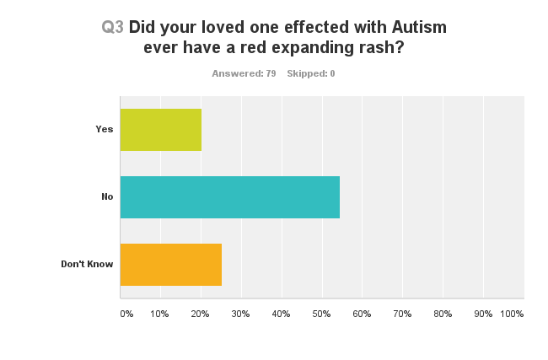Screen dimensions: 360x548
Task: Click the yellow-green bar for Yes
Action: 161,130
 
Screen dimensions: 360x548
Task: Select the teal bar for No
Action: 229,197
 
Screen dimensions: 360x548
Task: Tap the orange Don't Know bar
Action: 170,264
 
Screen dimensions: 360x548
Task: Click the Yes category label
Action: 105,130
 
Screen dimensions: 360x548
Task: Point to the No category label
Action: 107,197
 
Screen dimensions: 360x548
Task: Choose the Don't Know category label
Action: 87,264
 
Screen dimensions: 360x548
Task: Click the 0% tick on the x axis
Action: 126,314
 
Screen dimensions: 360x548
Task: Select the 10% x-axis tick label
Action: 159,314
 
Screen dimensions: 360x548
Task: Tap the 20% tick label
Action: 200,314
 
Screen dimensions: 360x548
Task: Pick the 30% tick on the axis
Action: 240,314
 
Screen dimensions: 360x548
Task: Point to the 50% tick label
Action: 321,314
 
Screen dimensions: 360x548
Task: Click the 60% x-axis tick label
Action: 362,314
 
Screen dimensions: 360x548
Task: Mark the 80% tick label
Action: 443,314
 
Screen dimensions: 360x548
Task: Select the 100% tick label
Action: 512,314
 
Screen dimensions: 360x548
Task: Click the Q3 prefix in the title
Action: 113,27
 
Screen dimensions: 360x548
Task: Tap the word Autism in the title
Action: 418,27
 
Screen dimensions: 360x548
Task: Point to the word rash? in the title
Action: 381,47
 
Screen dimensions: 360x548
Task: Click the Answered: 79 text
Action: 244,73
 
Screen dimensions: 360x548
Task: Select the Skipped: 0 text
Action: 311,73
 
